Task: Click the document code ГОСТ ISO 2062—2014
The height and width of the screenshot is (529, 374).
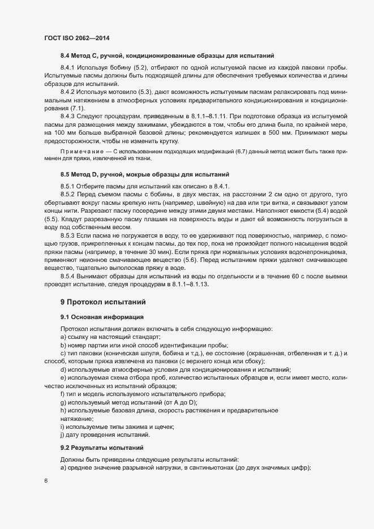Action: point(76,38)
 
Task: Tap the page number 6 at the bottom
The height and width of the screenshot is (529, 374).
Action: point(46,481)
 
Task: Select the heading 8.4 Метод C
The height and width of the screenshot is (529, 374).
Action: point(167,56)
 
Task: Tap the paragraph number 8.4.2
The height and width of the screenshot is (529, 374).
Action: point(68,92)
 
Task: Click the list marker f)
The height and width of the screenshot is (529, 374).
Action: point(62,394)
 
